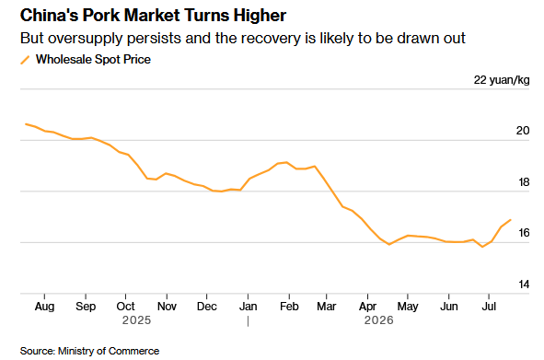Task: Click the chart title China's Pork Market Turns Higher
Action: tap(153, 16)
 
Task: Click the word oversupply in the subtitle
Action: tap(85, 38)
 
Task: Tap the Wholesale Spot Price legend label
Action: tap(93, 59)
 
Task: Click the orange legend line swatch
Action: tap(25, 60)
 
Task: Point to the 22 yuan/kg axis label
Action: tap(502, 80)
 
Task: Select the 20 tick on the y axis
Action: tap(523, 131)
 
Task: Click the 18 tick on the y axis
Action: tap(524, 182)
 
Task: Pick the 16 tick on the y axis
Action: tap(524, 233)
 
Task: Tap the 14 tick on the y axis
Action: tap(524, 285)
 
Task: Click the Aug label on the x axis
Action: tap(44, 307)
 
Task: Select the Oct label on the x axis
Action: tap(125, 307)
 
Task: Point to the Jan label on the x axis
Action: tap(248, 307)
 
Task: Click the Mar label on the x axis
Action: tap(327, 307)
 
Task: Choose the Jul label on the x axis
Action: tap(489, 307)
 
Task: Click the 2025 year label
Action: tap(136, 320)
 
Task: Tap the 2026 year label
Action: tap(379, 320)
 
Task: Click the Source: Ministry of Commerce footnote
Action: tap(89, 351)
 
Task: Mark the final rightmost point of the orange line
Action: tap(511, 220)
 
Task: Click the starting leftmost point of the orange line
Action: tap(26, 124)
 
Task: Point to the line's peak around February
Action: tap(286, 162)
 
